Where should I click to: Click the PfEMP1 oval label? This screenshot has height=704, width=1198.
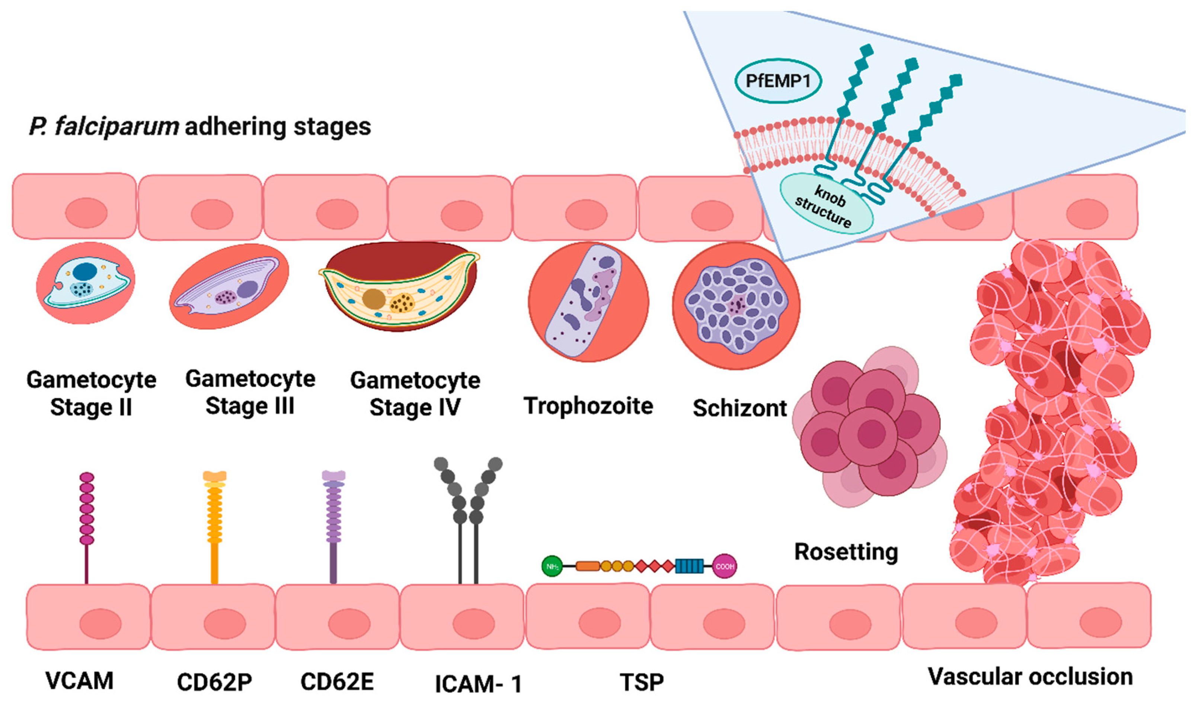coord(778,81)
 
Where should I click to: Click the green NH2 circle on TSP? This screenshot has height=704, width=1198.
coord(552,566)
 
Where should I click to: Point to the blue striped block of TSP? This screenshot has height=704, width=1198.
coord(689,566)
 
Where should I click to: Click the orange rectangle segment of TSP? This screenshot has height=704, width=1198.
coord(588,566)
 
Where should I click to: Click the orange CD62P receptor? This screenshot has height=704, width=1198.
coord(214,523)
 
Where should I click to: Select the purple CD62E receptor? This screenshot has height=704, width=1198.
coord(333,523)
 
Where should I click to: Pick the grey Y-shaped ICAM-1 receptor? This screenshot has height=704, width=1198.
coord(468,513)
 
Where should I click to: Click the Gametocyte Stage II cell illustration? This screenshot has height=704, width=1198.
coord(86,282)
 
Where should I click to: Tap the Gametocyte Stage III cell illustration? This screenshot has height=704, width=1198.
coord(229,286)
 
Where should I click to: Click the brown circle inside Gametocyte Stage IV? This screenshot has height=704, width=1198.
coord(374,299)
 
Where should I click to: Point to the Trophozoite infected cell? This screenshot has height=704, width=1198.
coord(588,302)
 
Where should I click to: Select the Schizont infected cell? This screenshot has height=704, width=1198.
coord(736,305)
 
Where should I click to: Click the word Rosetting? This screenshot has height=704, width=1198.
coord(846,552)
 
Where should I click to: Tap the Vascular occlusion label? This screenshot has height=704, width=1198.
coord(1030,677)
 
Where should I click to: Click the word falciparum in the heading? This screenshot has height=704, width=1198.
coord(117,127)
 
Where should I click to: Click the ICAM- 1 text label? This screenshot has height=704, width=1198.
coord(479,684)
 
